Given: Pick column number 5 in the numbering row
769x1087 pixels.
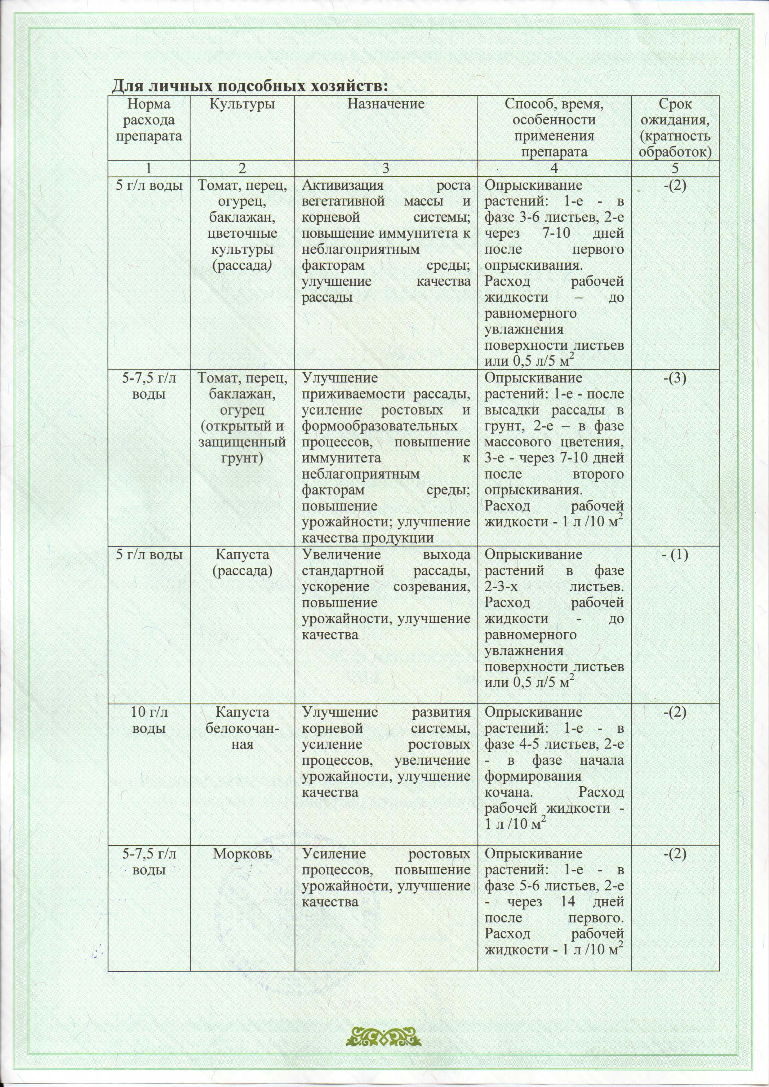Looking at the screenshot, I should (675, 168).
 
